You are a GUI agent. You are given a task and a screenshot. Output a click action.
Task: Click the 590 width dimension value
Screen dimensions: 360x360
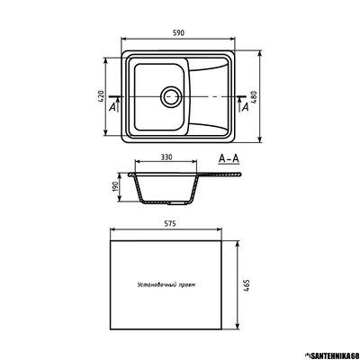(178, 33)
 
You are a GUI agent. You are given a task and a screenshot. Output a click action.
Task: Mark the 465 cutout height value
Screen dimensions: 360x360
(246, 285)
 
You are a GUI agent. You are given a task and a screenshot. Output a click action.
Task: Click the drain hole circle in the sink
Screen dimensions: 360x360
(170, 95)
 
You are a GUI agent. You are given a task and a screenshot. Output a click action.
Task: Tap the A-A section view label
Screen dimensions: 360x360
(229, 158)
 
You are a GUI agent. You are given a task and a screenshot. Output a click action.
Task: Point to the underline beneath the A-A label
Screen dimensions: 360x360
(229, 166)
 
